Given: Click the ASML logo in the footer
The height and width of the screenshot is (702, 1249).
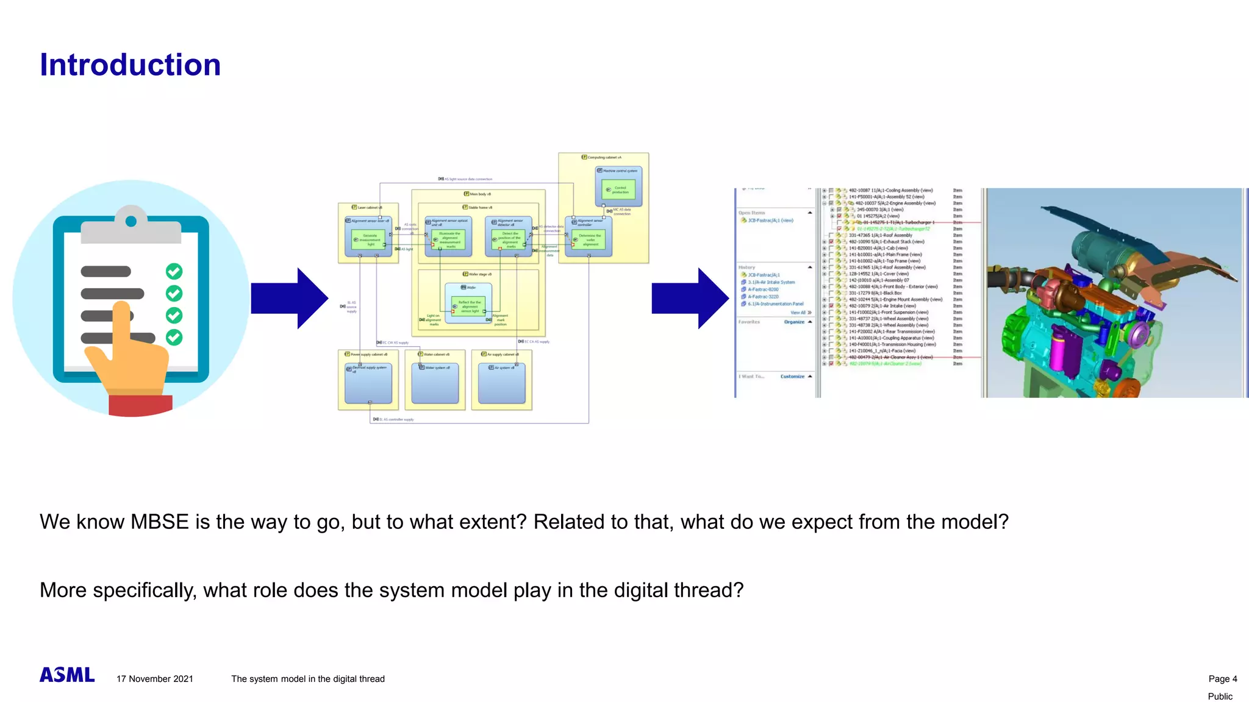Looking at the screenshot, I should coord(67,675).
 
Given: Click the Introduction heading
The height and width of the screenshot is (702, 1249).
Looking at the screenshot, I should coord(130,65).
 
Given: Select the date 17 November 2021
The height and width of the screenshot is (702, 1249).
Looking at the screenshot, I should coord(155,679).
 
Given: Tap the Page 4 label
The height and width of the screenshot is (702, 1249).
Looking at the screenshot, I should coord(1222,679).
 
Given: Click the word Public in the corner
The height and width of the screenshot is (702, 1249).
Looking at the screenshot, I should coord(1220,697).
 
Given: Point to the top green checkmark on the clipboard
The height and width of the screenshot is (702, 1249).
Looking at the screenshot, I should coord(174,271).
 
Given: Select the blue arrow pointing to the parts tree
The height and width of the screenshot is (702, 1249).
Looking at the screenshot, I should coord(690,299).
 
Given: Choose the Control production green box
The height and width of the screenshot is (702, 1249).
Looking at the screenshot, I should coord(619,190).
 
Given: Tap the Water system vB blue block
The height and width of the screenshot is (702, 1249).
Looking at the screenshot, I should coord(435,384).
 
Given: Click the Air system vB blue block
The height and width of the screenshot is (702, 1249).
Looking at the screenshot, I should coord(501,384).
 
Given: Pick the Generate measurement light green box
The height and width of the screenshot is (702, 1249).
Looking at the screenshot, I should coord(370,239).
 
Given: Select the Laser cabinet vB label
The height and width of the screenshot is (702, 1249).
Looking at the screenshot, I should coord(369,208).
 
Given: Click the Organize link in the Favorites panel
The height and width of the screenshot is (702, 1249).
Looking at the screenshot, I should coord(793,322).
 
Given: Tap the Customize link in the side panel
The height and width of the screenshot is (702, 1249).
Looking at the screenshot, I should coord(792,377).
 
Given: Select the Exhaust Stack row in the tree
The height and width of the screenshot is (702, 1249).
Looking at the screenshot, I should coord(886,242).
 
